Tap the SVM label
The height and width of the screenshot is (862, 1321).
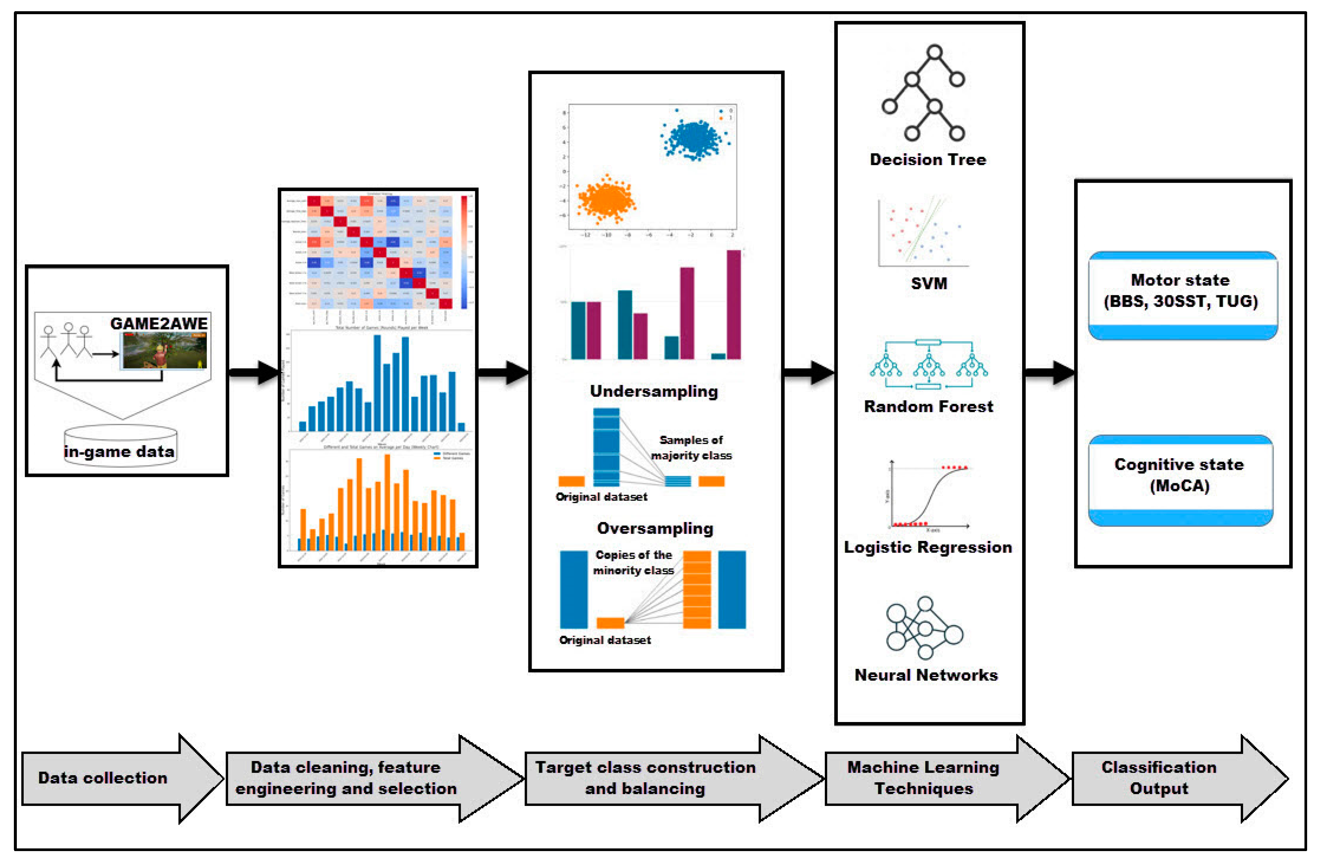929,283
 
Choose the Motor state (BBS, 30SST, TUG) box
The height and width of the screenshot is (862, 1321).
1182,295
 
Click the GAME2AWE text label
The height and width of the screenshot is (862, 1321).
159,324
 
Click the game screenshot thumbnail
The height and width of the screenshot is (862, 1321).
165,351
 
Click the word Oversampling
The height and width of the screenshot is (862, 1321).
655,528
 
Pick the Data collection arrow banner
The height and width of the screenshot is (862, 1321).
111,778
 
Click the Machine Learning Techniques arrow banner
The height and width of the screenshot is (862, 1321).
932,778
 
